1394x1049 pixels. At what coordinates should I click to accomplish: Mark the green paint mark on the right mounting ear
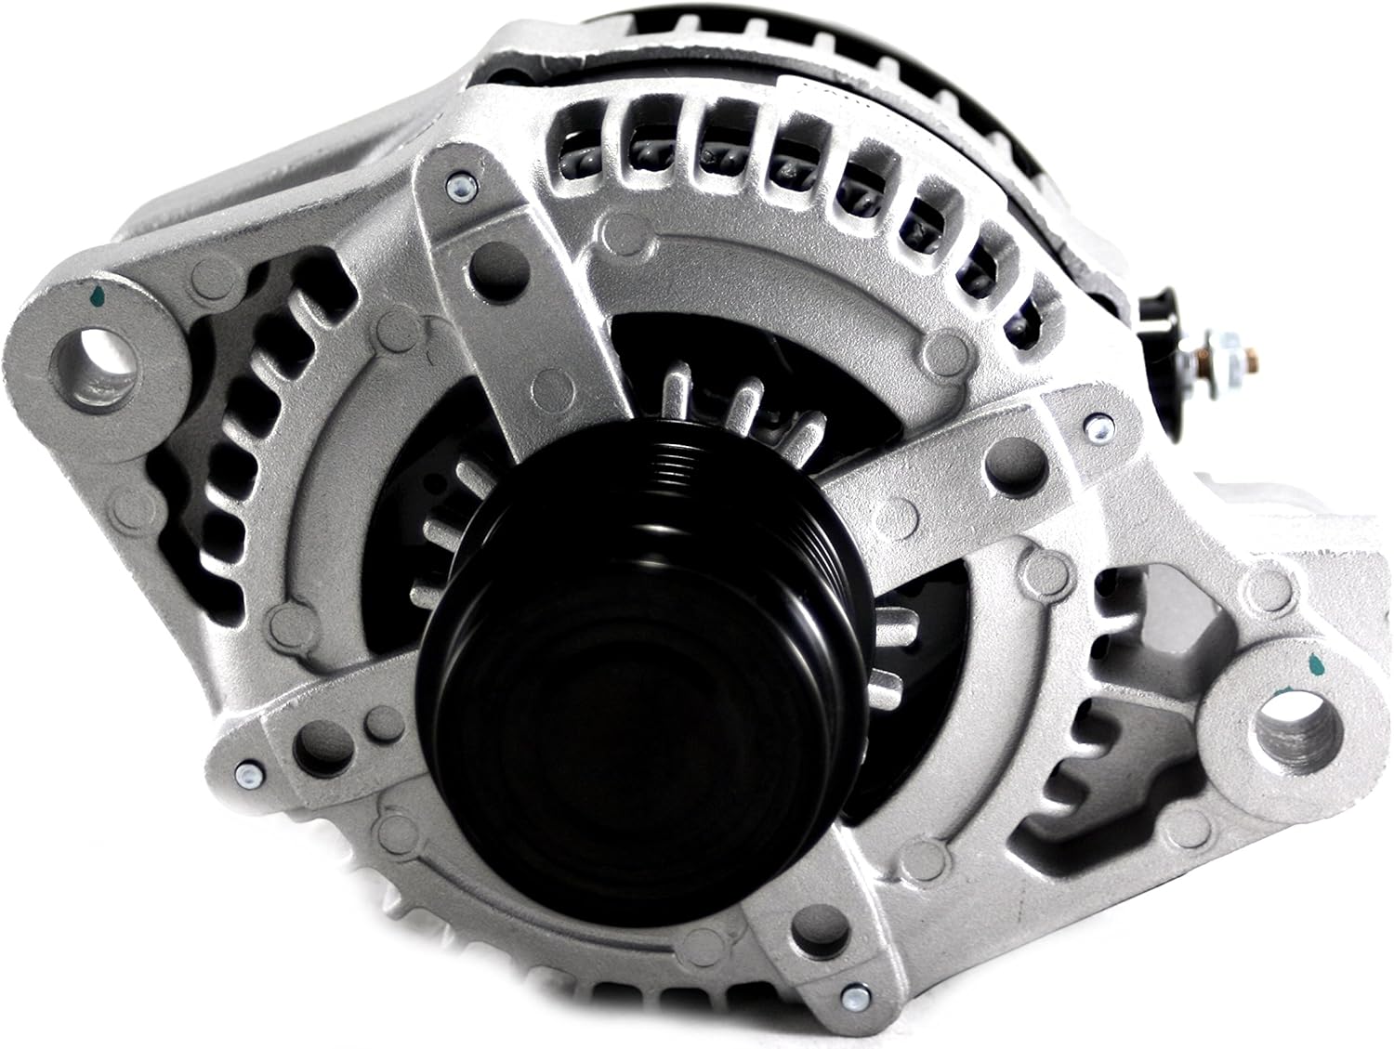[x=1316, y=664]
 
